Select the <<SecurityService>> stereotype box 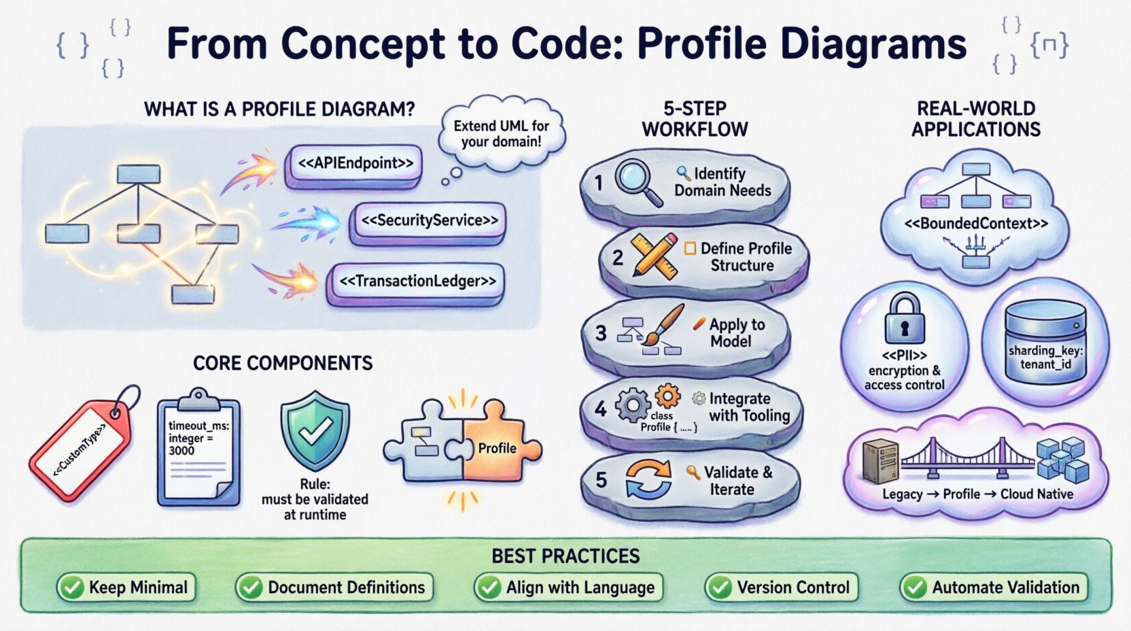tap(429, 221)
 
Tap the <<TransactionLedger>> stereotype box tap(417, 282)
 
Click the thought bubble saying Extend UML tap(502, 134)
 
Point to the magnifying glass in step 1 tap(637, 180)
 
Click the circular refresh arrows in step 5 tap(648, 479)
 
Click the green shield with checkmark tap(315, 430)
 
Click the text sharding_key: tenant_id tap(1045, 358)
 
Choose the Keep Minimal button tap(126, 587)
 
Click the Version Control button tap(782, 587)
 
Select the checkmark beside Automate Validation tap(915, 587)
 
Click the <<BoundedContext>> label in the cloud tap(975, 224)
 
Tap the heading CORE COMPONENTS tap(283, 363)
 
